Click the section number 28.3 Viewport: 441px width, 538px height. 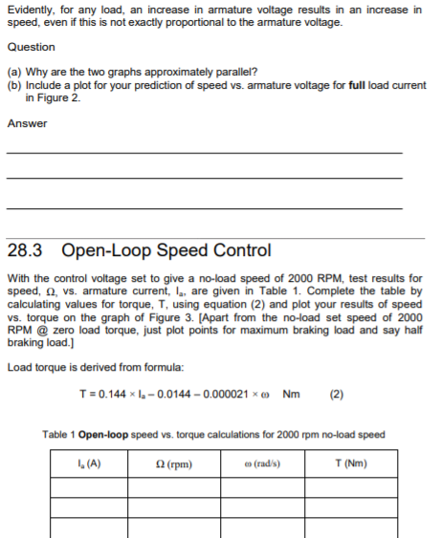click(x=28, y=251)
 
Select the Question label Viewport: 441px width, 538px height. click(x=31, y=47)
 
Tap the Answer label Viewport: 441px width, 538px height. click(x=27, y=123)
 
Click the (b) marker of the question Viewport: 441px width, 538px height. click(x=14, y=85)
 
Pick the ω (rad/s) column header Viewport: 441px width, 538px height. click(x=264, y=465)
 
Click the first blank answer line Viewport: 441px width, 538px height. click(x=204, y=152)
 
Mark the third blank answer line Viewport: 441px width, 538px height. click(x=204, y=207)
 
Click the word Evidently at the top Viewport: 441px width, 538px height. click(x=30, y=10)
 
